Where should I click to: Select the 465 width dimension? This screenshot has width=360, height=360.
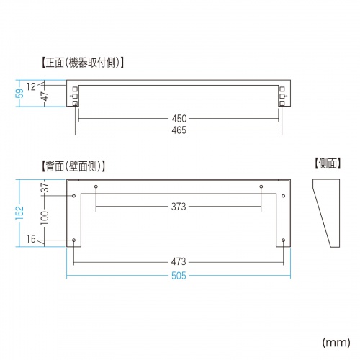click(x=179, y=130)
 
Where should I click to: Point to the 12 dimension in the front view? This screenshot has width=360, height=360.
click(x=31, y=86)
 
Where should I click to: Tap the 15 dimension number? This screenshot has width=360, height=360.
click(x=30, y=239)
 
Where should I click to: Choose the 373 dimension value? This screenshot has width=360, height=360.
click(x=179, y=207)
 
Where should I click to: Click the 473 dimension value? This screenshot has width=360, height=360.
click(x=179, y=261)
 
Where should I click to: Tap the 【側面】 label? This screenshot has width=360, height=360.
click(x=328, y=165)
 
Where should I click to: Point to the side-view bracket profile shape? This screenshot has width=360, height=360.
click(x=328, y=212)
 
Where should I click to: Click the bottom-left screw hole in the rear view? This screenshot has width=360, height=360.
click(x=74, y=240)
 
